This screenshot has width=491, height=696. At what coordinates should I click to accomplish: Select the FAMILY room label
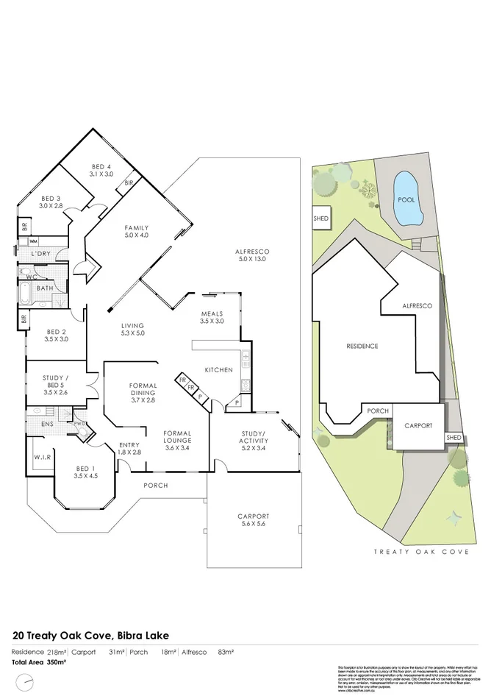[x=136, y=231]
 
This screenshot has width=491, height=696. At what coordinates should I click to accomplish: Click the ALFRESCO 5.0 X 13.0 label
[x=251, y=255]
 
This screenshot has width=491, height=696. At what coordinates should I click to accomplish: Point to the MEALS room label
[x=212, y=317]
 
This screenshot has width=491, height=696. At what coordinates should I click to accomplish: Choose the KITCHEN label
[x=218, y=369]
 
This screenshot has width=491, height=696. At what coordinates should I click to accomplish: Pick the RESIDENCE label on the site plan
[x=362, y=346]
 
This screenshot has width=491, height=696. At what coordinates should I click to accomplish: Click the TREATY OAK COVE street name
[x=421, y=550]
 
